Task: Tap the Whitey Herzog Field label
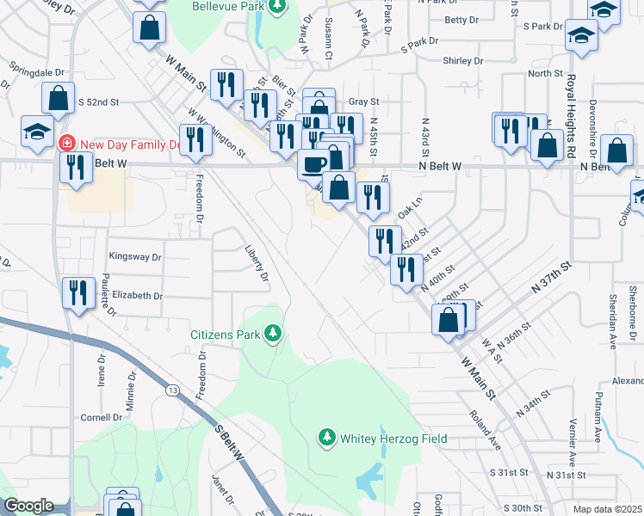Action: (393, 439)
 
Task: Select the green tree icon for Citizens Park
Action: (274, 333)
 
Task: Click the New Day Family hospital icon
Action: (65, 142)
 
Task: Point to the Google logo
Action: (28, 506)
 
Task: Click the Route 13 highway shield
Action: (173, 391)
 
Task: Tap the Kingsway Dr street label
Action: (135, 256)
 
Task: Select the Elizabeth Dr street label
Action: (137, 295)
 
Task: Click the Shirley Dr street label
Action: (462, 61)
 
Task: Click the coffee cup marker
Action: (313, 162)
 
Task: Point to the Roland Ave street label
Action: (485, 431)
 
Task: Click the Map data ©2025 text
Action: (608, 510)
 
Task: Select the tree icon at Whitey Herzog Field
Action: (326, 439)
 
